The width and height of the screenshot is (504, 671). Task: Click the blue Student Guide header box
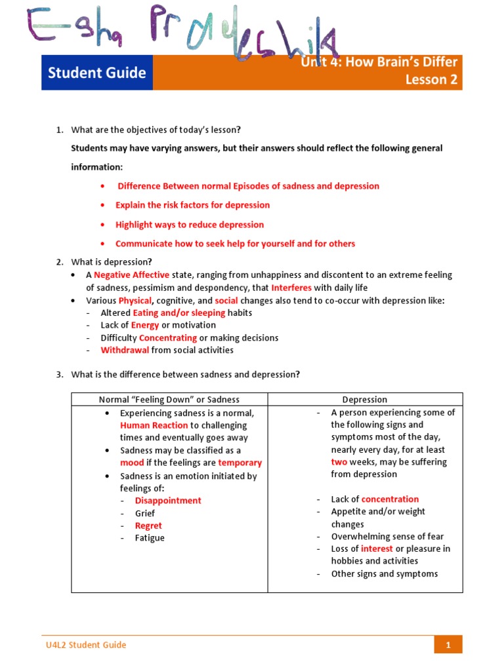pos(97,73)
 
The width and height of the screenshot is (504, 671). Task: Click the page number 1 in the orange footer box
pos(448,645)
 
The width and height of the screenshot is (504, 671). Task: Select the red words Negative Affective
pos(131,275)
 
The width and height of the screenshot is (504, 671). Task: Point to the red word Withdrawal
pos(125,350)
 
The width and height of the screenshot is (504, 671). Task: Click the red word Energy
pos(145,325)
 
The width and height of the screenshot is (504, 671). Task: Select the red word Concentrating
pos(168,337)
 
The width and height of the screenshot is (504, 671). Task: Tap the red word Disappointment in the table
pos(168,501)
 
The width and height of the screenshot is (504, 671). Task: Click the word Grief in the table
pos(145,513)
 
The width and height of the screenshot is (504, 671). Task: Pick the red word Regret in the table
pos(148,526)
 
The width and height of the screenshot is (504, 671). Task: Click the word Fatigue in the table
pos(150,538)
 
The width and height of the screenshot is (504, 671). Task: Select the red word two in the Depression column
pos(339,462)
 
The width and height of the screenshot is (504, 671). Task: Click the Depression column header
pos(365,400)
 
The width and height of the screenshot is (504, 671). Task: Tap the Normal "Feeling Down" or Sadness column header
pos(169,400)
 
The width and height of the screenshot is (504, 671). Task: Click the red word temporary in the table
pos(240,463)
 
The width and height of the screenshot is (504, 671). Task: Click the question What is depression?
pos(112,262)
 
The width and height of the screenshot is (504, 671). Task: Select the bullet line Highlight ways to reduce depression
pos(190,225)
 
